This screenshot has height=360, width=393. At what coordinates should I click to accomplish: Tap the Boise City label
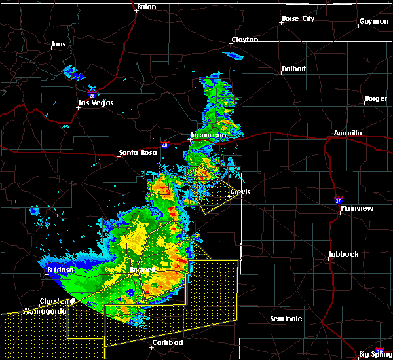click(x=298, y=18)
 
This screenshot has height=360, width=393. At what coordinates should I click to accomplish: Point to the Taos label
click(x=58, y=45)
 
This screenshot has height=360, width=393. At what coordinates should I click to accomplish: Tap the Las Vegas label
click(x=96, y=103)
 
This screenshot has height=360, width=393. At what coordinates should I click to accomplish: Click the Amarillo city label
click(x=348, y=133)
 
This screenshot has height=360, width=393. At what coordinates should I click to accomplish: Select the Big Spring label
click(x=376, y=354)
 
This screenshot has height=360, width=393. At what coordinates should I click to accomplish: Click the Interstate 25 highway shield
click(x=93, y=95)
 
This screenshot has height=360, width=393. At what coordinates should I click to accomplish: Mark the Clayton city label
click(x=244, y=39)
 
